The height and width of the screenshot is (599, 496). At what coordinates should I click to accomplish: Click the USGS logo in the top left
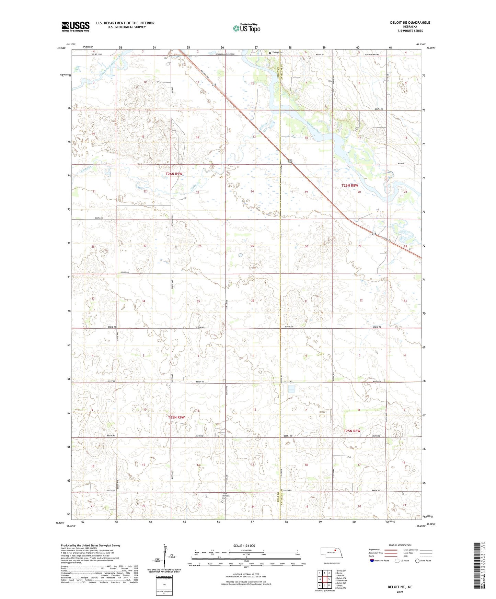click(x=76, y=26)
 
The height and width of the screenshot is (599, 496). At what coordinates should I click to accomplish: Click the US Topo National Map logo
click(x=246, y=28)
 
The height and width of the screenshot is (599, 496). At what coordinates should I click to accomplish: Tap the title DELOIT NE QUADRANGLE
click(x=410, y=23)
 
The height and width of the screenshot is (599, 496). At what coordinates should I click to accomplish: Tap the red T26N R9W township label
click(x=174, y=174)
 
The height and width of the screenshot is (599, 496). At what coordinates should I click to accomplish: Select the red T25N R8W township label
click(x=352, y=431)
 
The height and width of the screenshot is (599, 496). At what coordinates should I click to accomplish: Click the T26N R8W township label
click(x=350, y=186)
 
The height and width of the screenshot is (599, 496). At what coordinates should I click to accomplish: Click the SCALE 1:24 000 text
click(x=244, y=545)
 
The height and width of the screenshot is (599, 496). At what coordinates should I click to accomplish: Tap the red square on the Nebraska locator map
click(x=335, y=551)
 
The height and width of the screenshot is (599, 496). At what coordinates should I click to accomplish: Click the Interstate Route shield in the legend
click(x=372, y=561)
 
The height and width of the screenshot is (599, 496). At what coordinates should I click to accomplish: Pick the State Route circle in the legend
click(x=417, y=561)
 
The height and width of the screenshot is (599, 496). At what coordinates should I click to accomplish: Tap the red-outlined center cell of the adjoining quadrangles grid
click(x=324, y=579)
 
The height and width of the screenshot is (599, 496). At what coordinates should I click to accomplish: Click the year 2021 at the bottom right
click(x=400, y=592)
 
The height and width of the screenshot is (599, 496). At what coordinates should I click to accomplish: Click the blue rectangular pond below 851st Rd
click(x=291, y=388)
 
